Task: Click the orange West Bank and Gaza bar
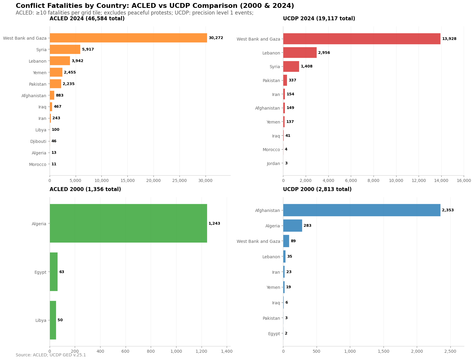click(x=128, y=38)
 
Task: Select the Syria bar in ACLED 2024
click(x=65, y=49)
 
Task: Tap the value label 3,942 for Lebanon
click(x=77, y=61)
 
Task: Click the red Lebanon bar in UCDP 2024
click(x=300, y=53)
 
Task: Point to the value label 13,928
click(x=449, y=39)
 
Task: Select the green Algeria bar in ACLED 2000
click(x=128, y=223)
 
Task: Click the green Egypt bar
click(x=54, y=272)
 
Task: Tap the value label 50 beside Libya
click(x=60, y=320)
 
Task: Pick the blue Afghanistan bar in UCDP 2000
click(x=362, y=210)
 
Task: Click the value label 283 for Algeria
click(x=308, y=226)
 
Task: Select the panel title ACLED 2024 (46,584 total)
click(x=87, y=18)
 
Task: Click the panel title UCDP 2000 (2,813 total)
click(x=317, y=189)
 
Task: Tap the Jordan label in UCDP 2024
click(x=273, y=163)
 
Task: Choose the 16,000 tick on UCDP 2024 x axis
click(x=464, y=180)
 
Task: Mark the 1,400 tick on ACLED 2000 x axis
click(x=227, y=351)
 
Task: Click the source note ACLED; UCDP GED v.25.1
click(x=51, y=355)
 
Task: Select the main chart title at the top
click(x=155, y=6)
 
